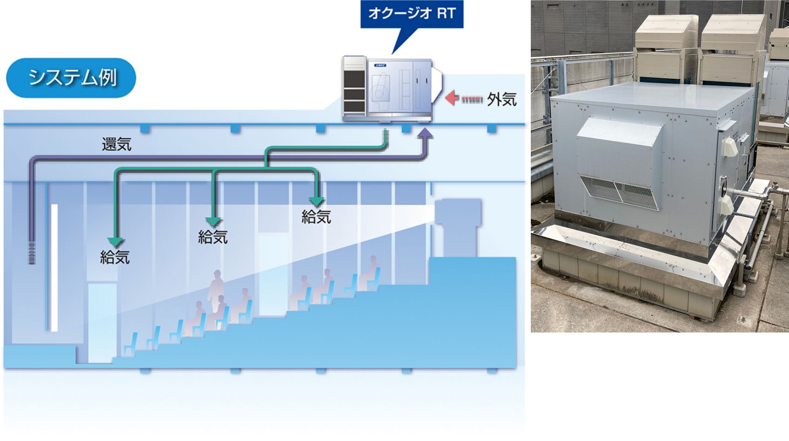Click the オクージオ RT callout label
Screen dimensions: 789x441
tap(412, 14)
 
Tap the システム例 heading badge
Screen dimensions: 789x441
tap(71, 78)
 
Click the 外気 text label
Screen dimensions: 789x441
tap(501, 99)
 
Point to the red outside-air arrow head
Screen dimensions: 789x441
tap(452, 98)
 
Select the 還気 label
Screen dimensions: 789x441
tap(117, 144)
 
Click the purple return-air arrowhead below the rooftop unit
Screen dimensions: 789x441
tap(426, 133)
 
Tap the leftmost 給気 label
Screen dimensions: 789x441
tap(115, 258)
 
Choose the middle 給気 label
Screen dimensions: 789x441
tap(213, 237)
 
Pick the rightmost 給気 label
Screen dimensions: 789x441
tap(316, 217)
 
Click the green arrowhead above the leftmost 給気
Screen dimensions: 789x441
tap(116, 242)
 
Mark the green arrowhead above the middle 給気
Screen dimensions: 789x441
tap(214, 222)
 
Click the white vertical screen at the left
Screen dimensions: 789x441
tap(54, 268)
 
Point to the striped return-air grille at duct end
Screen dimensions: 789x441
tap(32, 253)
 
